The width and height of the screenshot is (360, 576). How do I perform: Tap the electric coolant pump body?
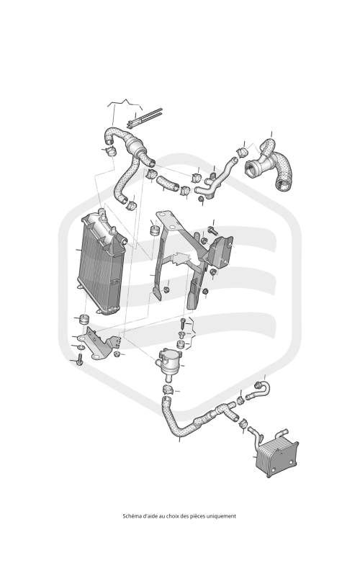click(x=168, y=361)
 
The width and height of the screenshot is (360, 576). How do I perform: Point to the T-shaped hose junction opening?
click(x=253, y=169)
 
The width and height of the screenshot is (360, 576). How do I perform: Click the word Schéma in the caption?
click(x=130, y=516)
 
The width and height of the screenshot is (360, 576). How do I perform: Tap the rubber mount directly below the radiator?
click(x=84, y=319)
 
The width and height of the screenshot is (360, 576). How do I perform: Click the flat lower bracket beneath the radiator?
click(x=102, y=344)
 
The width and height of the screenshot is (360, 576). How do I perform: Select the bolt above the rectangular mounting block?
click(x=212, y=230)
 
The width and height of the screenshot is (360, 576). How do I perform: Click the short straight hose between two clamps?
click(x=168, y=182)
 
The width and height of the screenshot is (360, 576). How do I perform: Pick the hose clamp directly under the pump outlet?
click(x=167, y=390)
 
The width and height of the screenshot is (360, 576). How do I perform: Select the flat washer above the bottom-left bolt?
click(x=81, y=348)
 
